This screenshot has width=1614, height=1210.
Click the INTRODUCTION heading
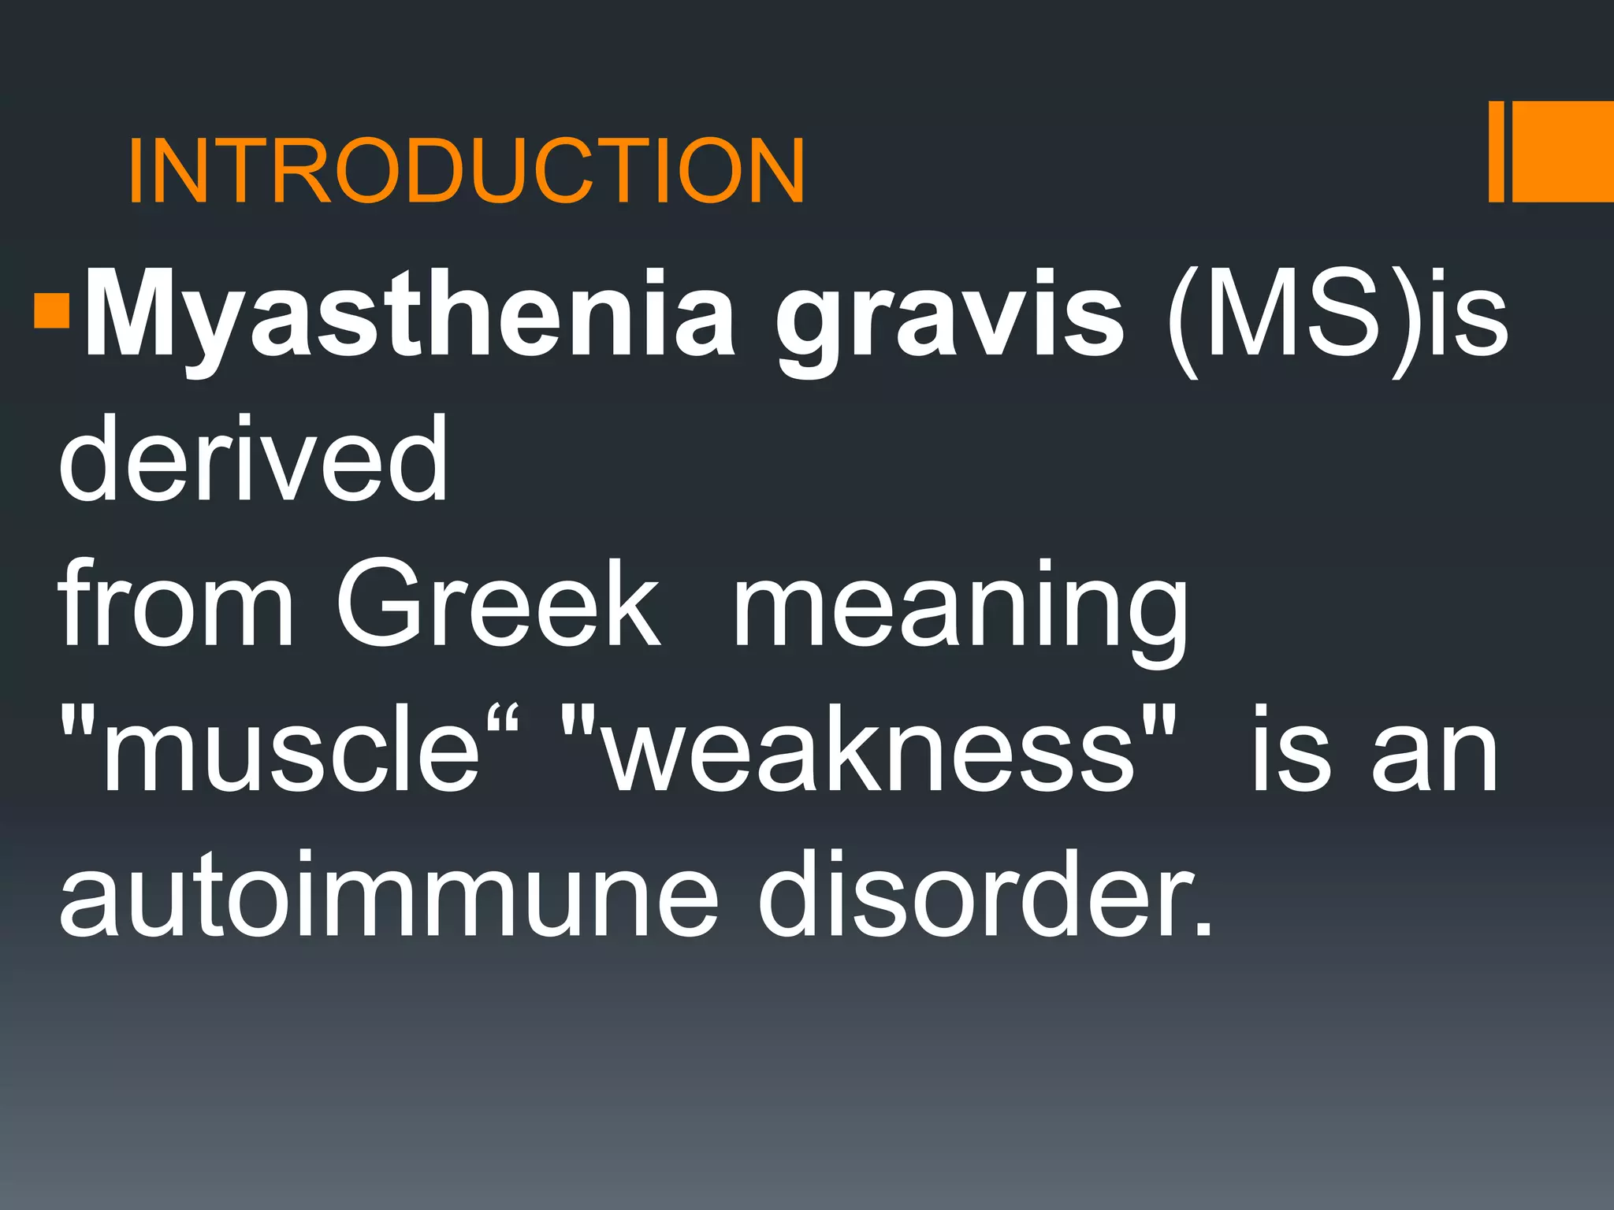466,170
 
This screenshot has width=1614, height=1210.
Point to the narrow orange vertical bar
1496,151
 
